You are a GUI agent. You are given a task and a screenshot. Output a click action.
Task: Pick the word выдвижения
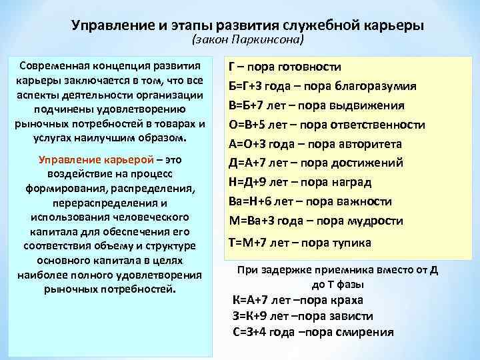coord(366,106)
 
